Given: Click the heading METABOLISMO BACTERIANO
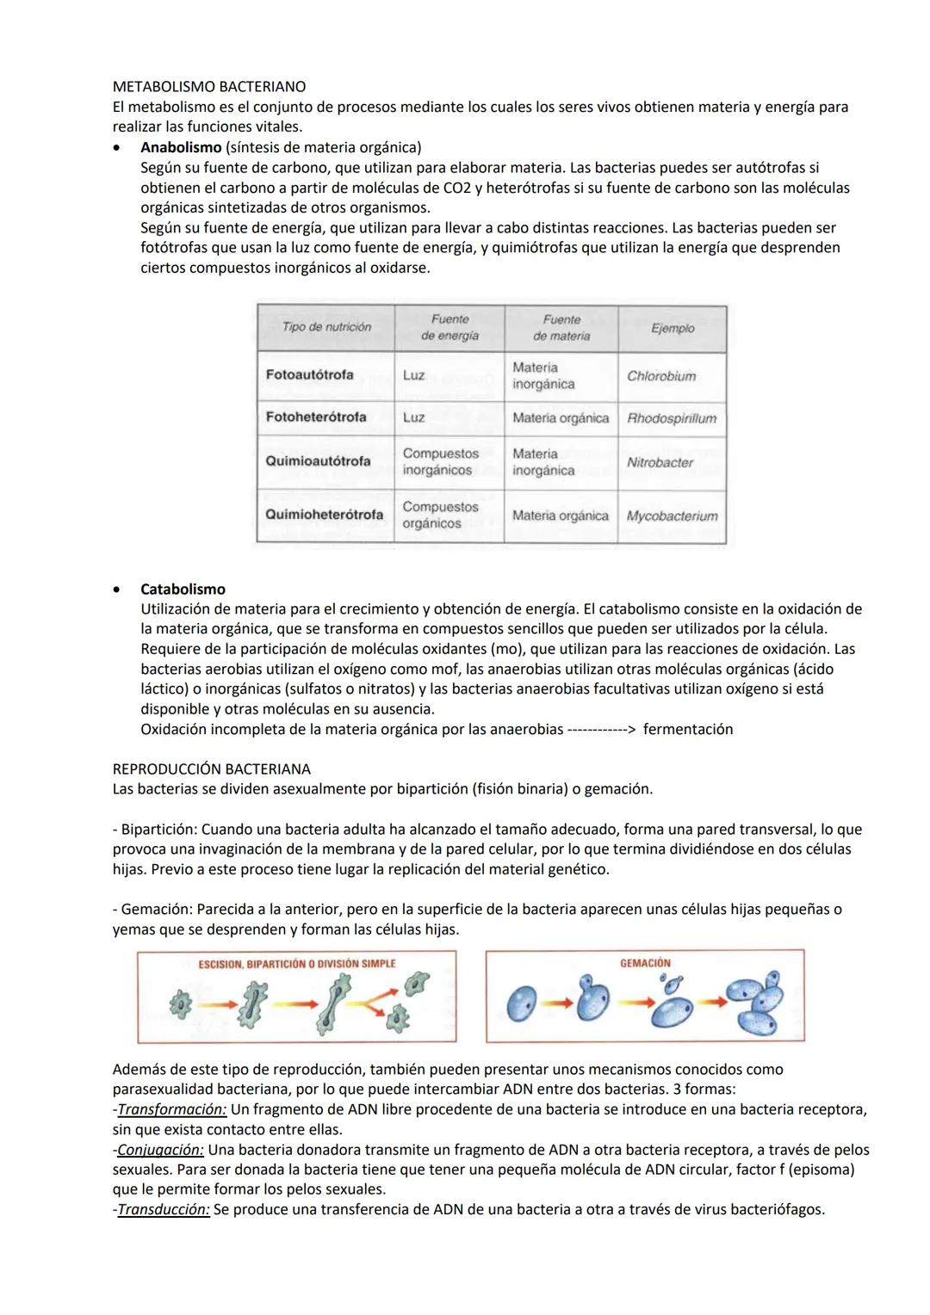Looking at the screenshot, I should [x=208, y=87].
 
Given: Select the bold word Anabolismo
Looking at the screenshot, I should [x=181, y=147].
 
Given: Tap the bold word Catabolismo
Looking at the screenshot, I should [x=183, y=590].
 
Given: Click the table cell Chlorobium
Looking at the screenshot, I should [x=661, y=376].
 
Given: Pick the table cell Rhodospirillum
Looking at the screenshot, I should [x=672, y=418].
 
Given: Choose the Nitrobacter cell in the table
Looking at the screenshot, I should [x=660, y=462].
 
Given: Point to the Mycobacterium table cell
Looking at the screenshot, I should [x=672, y=516].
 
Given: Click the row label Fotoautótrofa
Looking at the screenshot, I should [x=309, y=375].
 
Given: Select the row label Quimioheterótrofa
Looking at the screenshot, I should [x=324, y=515].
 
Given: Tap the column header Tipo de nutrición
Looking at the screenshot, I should [x=326, y=327].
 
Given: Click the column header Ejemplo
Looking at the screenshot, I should [x=673, y=328].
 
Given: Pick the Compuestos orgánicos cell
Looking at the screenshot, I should [x=440, y=515].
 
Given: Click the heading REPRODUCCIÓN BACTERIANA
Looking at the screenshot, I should [x=212, y=769].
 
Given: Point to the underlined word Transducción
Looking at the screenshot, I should [x=164, y=1209].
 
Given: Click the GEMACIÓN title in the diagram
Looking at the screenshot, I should [x=645, y=963].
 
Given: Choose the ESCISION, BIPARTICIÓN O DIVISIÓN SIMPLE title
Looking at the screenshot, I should [x=297, y=964].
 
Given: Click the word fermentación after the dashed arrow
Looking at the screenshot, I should [x=688, y=730].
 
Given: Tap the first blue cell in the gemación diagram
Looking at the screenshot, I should [x=521, y=1003].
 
